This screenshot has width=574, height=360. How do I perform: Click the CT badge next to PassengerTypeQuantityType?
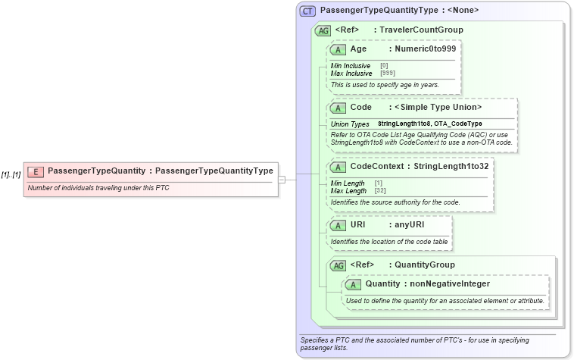[307, 11]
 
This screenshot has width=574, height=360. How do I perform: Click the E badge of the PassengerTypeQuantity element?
[36, 171]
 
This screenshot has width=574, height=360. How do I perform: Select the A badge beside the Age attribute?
[338, 49]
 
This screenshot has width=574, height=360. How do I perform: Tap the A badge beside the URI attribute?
[338, 225]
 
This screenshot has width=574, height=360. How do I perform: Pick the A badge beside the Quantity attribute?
[353, 284]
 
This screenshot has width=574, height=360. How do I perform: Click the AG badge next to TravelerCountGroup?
[323, 30]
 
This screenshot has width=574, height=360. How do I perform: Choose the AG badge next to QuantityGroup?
[338, 265]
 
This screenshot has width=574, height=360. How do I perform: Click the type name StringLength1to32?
[451, 166]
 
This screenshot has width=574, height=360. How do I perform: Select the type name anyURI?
[410, 225]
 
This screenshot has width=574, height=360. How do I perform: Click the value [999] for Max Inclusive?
[388, 74]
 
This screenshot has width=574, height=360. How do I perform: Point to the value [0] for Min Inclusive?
[384, 66]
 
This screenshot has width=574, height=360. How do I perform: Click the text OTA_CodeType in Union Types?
[458, 124]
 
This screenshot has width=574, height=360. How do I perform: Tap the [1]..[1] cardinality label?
[11, 174]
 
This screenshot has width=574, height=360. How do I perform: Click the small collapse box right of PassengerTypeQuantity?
[282, 180]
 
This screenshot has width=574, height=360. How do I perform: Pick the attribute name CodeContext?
[378, 166]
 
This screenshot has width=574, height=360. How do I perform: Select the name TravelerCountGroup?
[421, 30]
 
